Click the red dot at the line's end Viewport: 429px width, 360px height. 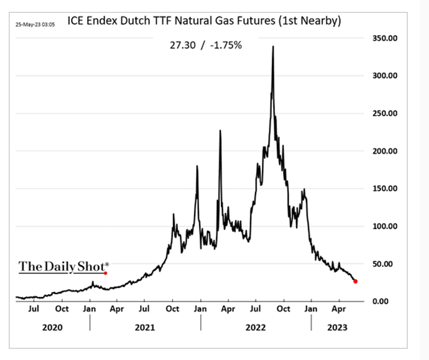(356, 281)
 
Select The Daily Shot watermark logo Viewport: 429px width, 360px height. (63, 266)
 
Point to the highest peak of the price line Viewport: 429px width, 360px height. (273, 46)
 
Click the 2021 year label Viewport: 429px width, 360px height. (145, 327)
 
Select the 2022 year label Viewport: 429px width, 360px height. (256, 327)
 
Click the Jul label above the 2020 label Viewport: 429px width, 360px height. (34, 309)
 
